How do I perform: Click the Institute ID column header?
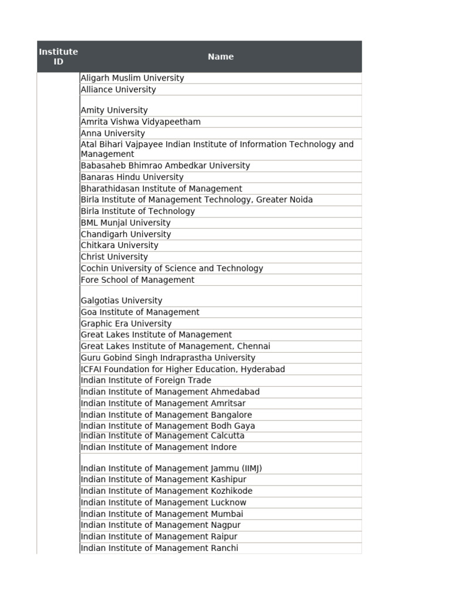tap(58, 56)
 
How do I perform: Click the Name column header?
tap(220, 56)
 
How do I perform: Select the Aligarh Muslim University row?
tap(132, 78)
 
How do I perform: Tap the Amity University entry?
tap(114, 110)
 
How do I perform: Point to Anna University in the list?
tap(113, 133)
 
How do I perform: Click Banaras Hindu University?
tap(132, 177)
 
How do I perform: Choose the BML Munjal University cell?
tap(126, 223)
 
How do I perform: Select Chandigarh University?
tap(126, 234)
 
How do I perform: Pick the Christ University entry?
tap(114, 257)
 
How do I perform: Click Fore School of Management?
tap(137, 280)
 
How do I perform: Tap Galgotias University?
tap(121, 300)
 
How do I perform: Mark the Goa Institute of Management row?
tap(140, 312)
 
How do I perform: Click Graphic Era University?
tap(126, 323)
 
